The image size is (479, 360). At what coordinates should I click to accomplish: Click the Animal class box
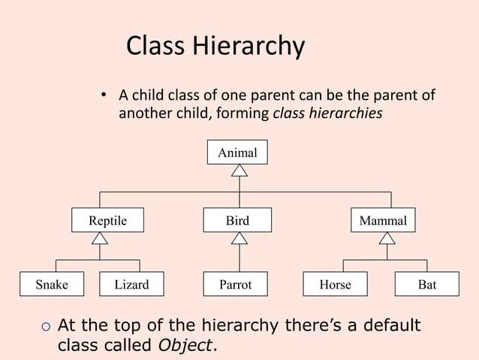[237, 153]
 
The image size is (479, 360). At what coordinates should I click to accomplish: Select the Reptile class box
[107, 221]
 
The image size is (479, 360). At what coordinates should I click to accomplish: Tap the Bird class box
[239, 221]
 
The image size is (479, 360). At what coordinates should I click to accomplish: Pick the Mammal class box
[383, 221]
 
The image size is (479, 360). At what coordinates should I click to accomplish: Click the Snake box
[52, 285]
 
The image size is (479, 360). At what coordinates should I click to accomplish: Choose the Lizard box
[131, 285]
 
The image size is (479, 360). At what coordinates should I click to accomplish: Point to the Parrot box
[236, 285]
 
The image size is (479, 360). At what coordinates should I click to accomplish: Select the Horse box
[335, 285]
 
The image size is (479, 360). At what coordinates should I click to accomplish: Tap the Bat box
[427, 285]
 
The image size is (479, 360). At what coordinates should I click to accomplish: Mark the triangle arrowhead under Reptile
[100, 239]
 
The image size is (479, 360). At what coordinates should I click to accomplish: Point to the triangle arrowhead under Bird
[239, 239]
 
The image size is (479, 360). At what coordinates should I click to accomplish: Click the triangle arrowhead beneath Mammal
[387, 239]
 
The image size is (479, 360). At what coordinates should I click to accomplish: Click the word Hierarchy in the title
[251, 47]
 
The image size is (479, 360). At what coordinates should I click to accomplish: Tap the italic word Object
[186, 346]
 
